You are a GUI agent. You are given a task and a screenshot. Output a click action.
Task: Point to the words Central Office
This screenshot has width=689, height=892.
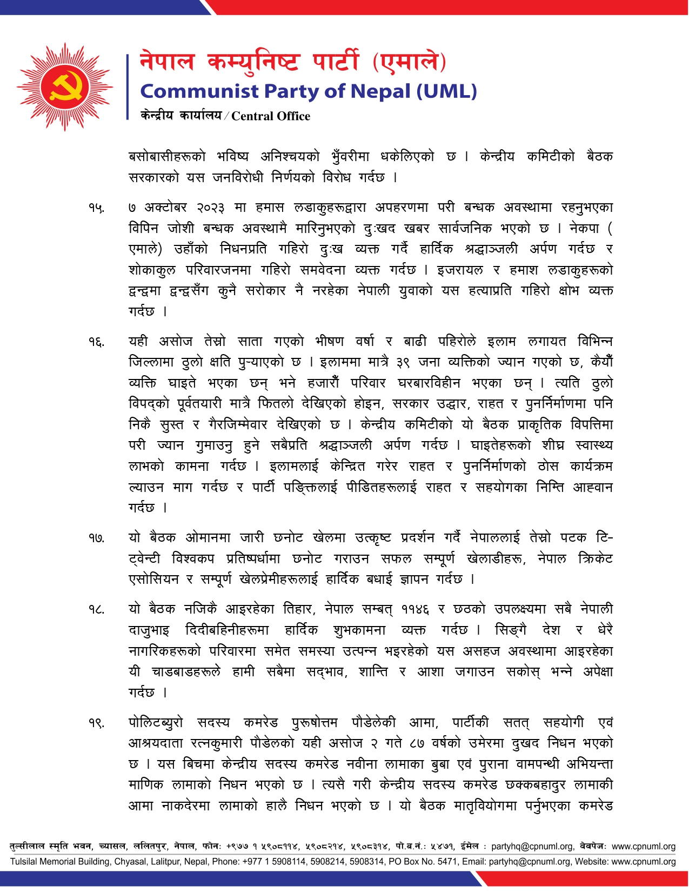click(x=271, y=116)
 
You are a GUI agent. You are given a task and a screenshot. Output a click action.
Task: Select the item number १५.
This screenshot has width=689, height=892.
click(x=96, y=208)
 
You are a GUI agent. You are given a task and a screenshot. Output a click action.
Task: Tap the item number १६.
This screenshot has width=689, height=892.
click(x=96, y=342)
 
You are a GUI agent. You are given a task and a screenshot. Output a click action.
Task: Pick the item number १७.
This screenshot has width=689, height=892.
click(x=96, y=538)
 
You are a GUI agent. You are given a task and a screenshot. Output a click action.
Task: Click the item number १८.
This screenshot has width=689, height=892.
click(x=96, y=610)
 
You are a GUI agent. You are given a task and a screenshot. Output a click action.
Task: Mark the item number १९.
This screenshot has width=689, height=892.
click(x=96, y=723)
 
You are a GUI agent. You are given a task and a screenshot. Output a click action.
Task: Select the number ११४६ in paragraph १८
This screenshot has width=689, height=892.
click(x=415, y=610)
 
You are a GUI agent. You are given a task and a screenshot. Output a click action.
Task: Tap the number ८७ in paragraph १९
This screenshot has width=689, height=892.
click(x=417, y=744)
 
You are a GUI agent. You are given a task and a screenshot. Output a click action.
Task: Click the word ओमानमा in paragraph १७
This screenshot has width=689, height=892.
click(x=208, y=538)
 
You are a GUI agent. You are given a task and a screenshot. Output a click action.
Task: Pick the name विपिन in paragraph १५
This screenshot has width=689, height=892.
click(x=143, y=229)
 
